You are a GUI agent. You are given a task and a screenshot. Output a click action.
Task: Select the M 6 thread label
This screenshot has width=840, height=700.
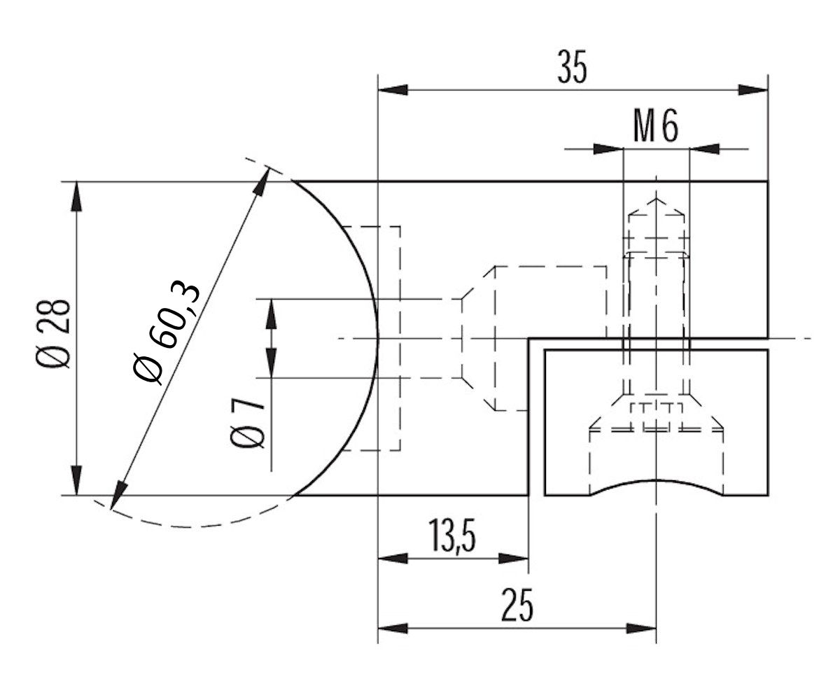tap(656, 127)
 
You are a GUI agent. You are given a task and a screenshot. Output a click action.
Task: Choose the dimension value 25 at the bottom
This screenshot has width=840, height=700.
tap(517, 605)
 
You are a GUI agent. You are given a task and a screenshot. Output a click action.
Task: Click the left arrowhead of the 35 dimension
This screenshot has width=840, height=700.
tap(392, 90)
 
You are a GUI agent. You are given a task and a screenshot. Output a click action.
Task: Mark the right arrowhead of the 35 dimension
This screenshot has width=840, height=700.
tap(754, 90)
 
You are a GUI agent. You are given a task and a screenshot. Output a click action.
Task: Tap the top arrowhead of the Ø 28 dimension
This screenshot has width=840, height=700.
tap(76, 196)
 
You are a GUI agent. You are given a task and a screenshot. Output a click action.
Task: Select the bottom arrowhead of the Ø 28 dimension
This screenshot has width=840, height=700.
tap(76, 482)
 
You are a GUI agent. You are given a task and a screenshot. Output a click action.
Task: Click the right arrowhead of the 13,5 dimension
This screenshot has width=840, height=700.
tap(514, 558)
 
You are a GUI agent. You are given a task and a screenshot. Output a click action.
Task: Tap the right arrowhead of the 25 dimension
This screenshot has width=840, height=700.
tap(642, 628)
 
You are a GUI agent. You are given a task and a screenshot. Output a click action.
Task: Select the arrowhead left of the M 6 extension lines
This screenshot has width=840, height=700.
tap(607, 149)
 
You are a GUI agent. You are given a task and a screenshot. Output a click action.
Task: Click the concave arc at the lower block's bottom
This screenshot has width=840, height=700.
tap(656, 482)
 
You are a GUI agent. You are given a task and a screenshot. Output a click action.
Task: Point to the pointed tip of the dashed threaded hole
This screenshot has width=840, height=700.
tap(656, 199)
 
